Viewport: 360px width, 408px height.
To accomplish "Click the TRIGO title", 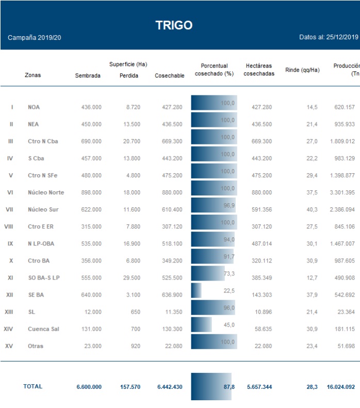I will point(174,25).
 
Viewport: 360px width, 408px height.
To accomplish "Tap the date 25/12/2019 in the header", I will point(342,37).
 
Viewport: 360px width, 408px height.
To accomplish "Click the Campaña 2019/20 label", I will point(35,38).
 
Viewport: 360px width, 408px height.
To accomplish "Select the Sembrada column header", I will point(88,76).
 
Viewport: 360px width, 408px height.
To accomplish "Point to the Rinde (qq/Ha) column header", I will point(302,70).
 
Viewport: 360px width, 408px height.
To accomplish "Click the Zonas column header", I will point(32,75).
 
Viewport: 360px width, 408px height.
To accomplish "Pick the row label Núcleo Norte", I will point(46,192).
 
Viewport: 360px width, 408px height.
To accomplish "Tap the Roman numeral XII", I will point(9,295).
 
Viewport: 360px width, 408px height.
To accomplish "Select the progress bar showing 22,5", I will point(197,290).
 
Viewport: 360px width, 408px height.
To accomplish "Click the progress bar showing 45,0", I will point(202,324).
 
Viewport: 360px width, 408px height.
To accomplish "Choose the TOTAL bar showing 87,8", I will point(211,386).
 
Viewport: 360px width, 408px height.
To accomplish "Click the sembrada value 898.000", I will point(91,192).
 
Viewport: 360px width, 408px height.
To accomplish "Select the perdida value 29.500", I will point(129,278).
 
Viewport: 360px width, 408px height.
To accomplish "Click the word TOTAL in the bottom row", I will point(33,386).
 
